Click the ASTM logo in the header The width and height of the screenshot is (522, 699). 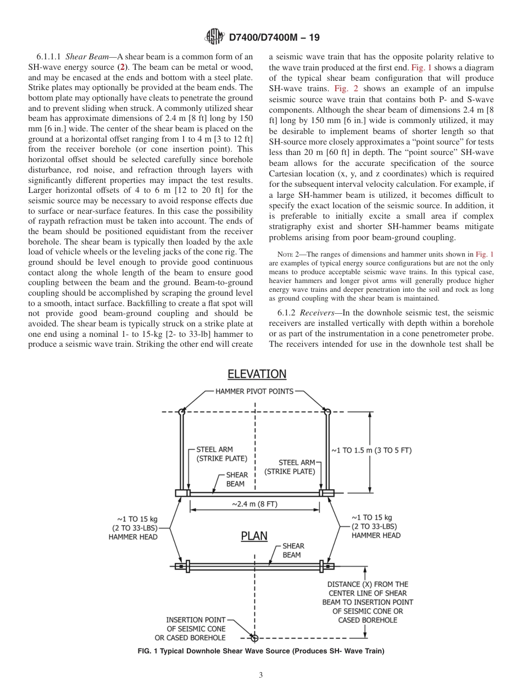coord(214,37)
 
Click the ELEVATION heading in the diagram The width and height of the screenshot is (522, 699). coord(257,374)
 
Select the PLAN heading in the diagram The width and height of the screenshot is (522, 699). coord(254,535)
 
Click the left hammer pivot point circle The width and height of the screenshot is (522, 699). coord(182,411)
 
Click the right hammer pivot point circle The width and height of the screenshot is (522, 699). coord(327,411)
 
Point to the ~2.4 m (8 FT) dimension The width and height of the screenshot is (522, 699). coord(254,504)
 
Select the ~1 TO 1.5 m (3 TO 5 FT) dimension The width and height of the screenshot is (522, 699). coord(371,450)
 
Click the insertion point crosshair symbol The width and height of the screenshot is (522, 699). coord(254,638)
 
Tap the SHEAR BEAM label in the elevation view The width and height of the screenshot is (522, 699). coord(237,479)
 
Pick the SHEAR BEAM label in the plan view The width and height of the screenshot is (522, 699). coord(292,550)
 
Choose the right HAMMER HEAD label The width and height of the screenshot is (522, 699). coord(376,526)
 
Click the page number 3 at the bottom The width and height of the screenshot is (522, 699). coord(261,675)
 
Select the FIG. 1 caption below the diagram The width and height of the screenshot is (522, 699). coord(261,651)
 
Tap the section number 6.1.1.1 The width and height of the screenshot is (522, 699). coord(49,57)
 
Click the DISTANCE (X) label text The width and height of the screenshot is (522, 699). coord(368,602)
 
